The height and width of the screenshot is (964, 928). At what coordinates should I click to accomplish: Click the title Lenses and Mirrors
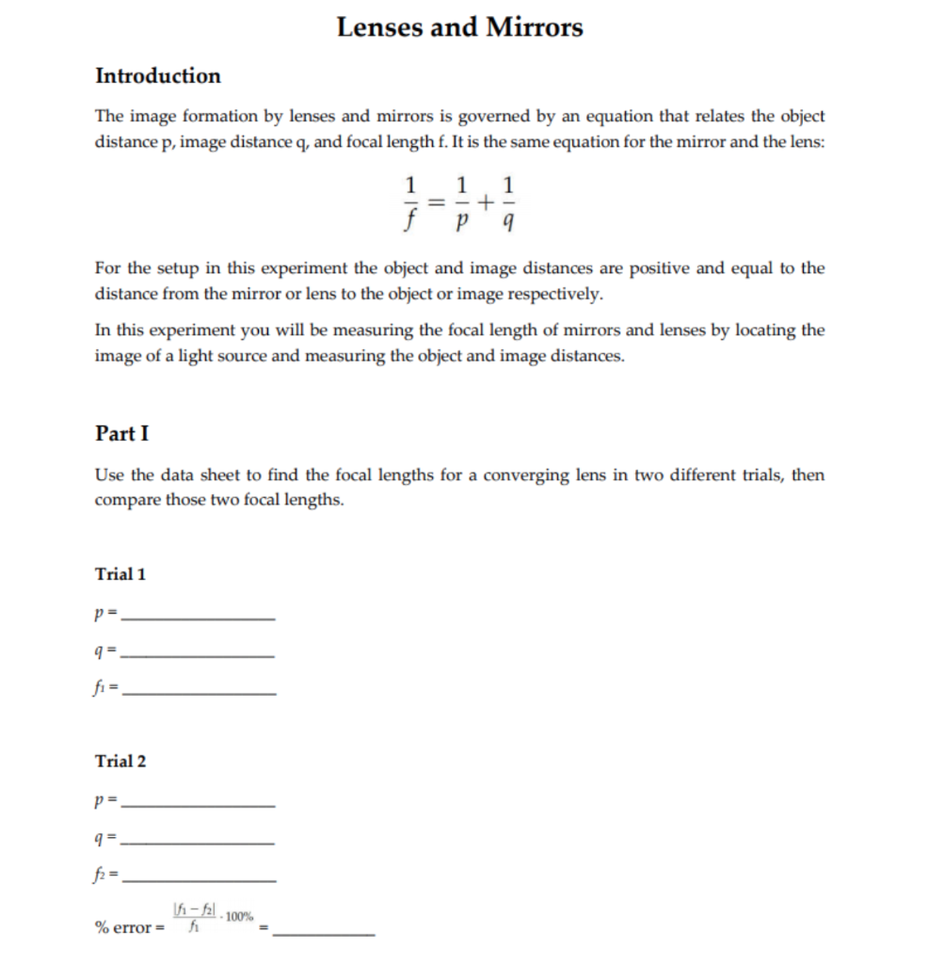[459, 27]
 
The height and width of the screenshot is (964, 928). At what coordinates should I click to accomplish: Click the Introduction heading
[158, 76]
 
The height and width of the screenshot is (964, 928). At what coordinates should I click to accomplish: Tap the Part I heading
[121, 433]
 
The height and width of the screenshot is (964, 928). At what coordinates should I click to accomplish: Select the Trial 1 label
[120, 574]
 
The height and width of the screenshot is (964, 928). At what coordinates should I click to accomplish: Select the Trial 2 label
[120, 761]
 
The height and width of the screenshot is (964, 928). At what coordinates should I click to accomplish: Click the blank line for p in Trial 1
[200, 618]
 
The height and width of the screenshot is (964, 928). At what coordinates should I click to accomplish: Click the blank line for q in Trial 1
[200, 654]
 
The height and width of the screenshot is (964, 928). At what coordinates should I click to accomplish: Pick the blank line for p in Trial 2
[200, 805]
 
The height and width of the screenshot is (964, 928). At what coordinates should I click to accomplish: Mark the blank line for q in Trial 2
[200, 841]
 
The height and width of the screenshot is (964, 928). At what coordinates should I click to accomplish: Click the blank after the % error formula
[328, 933]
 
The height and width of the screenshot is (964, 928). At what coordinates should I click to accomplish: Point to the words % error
[123, 928]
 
